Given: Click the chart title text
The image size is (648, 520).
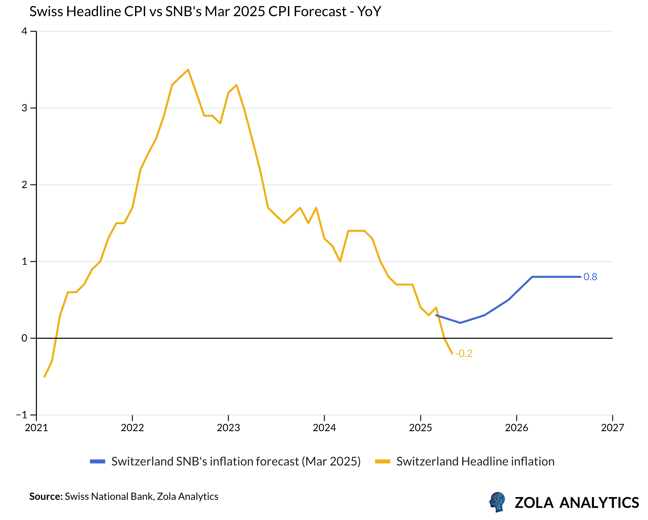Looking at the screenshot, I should (x=205, y=12).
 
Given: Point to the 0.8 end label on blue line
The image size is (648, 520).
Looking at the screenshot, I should (x=590, y=277).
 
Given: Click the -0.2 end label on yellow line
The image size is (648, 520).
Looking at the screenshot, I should (x=464, y=354).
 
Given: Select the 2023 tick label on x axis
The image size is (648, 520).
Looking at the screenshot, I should (x=228, y=428).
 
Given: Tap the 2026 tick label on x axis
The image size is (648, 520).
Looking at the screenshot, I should (x=516, y=428).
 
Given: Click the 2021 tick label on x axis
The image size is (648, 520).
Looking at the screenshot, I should (x=36, y=428).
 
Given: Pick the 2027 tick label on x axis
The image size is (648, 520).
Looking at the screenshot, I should (x=612, y=428).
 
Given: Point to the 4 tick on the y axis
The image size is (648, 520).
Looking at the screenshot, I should (x=24, y=31).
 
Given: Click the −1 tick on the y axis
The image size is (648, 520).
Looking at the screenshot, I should (x=22, y=415).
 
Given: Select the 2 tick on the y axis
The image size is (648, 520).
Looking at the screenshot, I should (x=24, y=185).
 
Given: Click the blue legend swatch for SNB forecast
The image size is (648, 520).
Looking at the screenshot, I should (x=97, y=462).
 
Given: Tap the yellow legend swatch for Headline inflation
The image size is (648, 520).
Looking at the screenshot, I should (x=382, y=462).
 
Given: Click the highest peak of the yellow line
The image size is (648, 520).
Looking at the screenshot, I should (x=188, y=70).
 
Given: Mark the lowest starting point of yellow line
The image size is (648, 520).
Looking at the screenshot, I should (x=44, y=376).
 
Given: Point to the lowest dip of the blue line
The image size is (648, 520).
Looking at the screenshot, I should (x=460, y=323).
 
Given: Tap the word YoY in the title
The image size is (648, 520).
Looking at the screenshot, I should (x=369, y=12).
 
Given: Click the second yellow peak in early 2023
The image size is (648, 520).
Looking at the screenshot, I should (x=237, y=85).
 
